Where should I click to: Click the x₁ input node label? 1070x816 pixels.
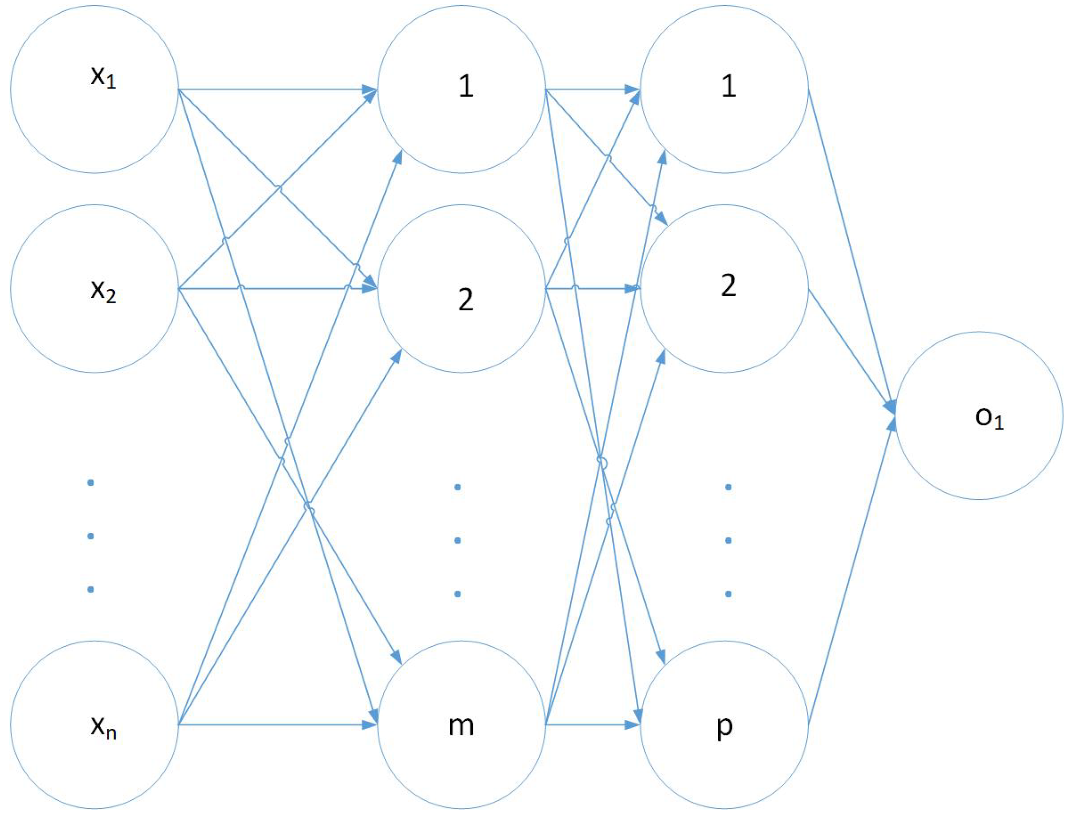click(x=103, y=78)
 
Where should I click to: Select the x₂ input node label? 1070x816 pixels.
click(x=103, y=292)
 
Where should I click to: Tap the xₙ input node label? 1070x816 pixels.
click(x=103, y=727)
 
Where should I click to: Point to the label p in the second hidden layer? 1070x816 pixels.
click(x=724, y=727)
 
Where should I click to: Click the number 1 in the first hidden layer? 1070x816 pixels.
click(x=466, y=86)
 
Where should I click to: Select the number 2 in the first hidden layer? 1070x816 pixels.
click(x=466, y=300)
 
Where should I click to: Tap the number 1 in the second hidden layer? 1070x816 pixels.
click(x=728, y=86)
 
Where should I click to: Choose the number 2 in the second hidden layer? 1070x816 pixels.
click(x=728, y=286)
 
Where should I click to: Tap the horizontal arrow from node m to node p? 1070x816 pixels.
click(x=593, y=725)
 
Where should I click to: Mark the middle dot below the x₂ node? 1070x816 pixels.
click(x=90, y=536)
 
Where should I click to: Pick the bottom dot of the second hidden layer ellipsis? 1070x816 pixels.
click(x=728, y=593)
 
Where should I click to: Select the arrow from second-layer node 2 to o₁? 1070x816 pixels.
click(x=850, y=350)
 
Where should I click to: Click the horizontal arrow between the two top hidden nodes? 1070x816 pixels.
click(x=593, y=89)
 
